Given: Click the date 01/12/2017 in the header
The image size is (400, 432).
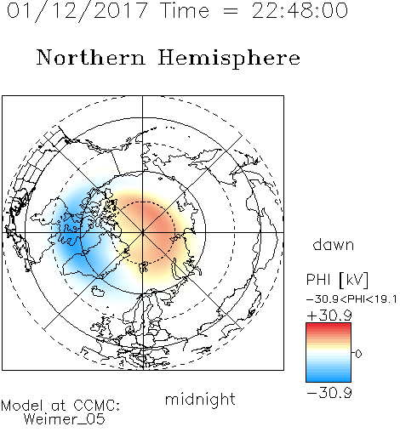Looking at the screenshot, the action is click(x=77, y=10).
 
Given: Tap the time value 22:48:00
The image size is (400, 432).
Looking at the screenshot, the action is click(x=300, y=10).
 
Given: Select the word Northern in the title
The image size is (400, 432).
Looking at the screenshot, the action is click(x=91, y=58).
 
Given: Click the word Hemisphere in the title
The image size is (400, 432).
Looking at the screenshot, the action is click(x=229, y=58).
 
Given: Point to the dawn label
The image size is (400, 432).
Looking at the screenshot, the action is click(x=334, y=245).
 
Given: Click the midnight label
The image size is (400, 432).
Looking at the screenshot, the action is click(x=200, y=400).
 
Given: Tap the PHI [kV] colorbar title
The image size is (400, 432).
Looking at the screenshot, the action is click(x=337, y=280).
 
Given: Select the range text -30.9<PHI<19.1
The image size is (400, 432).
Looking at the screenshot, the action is click(x=351, y=299).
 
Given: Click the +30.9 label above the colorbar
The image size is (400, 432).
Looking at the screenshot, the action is click(x=329, y=315).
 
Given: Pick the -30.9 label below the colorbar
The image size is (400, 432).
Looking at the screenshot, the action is click(x=329, y=393).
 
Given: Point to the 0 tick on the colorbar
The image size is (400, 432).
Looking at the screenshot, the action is click(x=358, y=354).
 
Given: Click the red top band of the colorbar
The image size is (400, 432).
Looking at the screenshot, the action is click(x=329, y=327).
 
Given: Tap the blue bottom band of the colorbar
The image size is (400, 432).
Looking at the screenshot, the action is click(x=329, y=378).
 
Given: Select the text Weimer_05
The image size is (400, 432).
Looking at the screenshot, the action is click(x=64, y=419).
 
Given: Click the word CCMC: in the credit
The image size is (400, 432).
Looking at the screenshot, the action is click(x=96, y=406).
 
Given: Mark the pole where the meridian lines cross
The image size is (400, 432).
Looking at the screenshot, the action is click(x=143, y=232).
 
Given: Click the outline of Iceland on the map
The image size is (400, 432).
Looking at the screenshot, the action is click(x=98, y=291).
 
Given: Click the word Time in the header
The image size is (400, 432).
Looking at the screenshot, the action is click(x=185, y=10).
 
